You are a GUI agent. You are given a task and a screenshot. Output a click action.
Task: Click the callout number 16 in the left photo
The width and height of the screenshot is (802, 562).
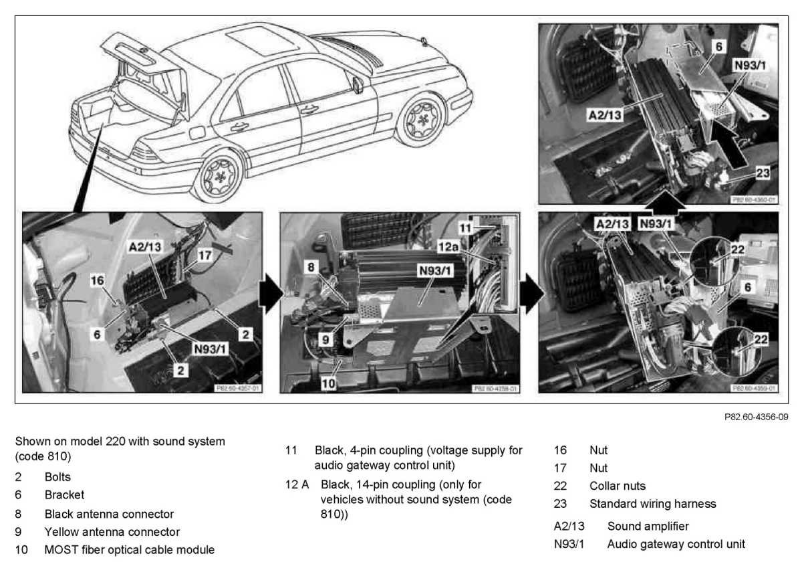point(98,280)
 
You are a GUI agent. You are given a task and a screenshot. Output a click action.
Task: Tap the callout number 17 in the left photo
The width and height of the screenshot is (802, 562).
point(205,255)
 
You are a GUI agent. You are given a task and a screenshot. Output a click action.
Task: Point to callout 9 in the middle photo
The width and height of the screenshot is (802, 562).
point(325,339)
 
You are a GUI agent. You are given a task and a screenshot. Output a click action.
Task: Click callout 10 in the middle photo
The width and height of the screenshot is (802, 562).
point(329,383)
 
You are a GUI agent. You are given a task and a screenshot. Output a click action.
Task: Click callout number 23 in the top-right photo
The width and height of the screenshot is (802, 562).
point(761,173)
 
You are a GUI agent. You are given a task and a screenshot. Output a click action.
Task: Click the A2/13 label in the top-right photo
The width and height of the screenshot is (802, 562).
point(605,115)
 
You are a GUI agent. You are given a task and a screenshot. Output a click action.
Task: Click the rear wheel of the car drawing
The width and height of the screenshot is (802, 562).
point(220,176)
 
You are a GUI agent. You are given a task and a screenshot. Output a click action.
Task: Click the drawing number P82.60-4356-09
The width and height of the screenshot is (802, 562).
point(756,417)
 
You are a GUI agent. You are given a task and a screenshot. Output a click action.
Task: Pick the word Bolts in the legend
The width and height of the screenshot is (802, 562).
point(57,478)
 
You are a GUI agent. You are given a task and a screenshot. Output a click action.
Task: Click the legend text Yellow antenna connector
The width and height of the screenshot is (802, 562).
point(112,532)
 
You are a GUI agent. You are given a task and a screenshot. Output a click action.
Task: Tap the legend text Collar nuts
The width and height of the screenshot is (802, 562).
point(618,486)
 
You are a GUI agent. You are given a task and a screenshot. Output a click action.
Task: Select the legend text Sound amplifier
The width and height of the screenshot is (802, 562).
point(648,527)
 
